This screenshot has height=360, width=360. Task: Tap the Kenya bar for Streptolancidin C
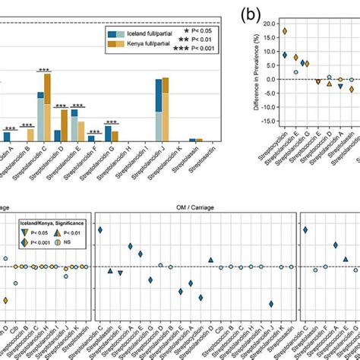coord(47,99)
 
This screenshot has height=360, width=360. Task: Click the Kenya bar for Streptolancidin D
coord(64,125)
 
